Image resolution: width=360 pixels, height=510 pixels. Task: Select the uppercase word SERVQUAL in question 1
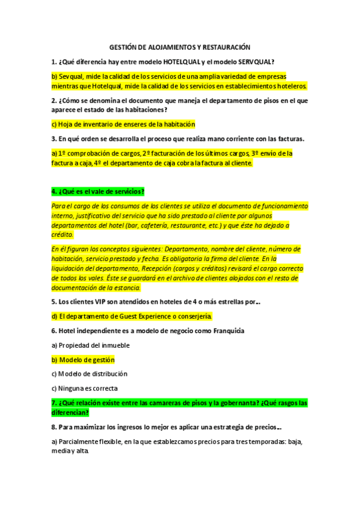click(x=255, y=61)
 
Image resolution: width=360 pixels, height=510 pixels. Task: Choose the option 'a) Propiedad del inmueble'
click(x=90, y=345)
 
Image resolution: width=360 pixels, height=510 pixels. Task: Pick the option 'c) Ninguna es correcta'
click(x=84, y=388)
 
